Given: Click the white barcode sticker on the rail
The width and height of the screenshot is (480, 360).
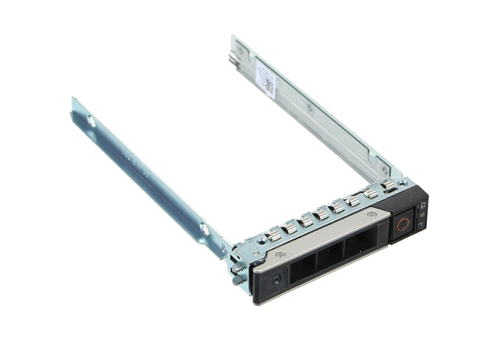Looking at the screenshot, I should (265, 77).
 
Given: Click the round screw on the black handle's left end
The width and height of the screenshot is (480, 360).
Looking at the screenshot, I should (277, 279).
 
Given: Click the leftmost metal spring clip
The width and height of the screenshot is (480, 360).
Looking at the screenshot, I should (274, 234).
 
